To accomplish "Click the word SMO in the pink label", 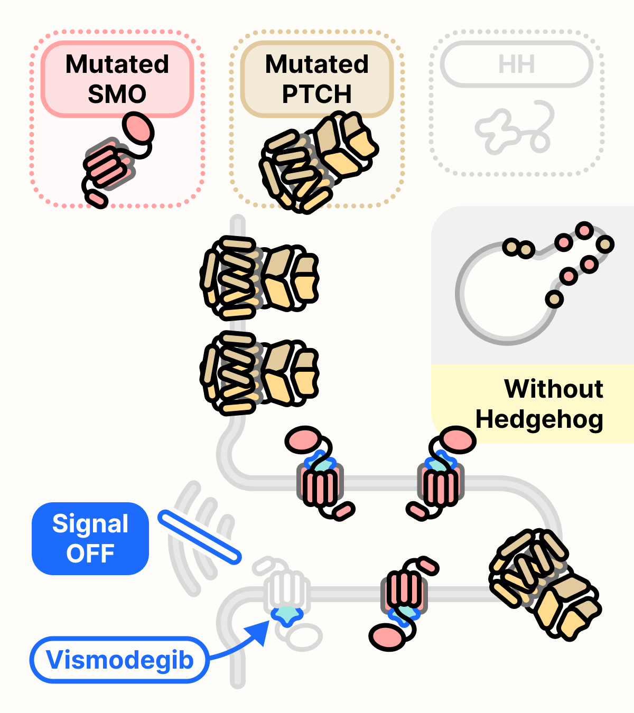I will click(117, 94).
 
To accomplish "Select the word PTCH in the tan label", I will click(316, 94).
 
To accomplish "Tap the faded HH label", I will click(516, 64).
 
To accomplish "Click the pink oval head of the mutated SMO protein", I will click(138, 128).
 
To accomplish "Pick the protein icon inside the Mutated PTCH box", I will click(317, 161).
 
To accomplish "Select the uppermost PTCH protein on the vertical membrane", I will click(259, 278).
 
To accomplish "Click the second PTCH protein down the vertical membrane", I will click(259, 373).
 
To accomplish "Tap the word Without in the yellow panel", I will click(553, 389).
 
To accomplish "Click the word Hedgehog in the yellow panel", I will click(539, 419).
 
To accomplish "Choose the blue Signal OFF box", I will click(90, 538).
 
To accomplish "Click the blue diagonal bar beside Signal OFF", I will click(200, 537).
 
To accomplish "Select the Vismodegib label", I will click(119, 660).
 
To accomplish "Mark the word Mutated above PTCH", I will click(316, 64).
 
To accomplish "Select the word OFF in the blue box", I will click(90, 553).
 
